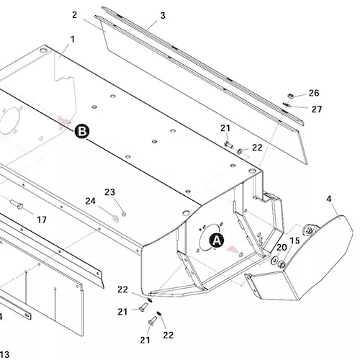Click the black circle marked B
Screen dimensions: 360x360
[x=82, y=131]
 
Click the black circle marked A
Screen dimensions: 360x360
[x=217, y=240]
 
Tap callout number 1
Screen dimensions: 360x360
[x=73, y=40]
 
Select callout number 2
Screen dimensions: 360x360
[x=75, y=15]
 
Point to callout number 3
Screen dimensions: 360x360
[x=163, y=16]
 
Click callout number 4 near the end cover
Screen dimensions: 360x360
[x=329, y=199]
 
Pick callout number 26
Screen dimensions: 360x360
[x=314, y=93]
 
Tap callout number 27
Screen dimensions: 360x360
[x=317, y=109]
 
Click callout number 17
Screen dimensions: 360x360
[x=42, y=220]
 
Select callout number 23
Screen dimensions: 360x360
[x=109, y=192]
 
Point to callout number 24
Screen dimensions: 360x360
[x=91, y=201]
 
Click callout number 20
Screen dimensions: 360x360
[x=282, y=248]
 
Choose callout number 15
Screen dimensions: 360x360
[x=295, y=240]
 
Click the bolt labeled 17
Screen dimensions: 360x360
[x=17, y=204]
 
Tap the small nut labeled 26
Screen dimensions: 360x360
[x=291, y=96]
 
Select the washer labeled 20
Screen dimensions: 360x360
[x=274, y=260]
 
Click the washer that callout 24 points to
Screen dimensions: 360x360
[x=116, y=219]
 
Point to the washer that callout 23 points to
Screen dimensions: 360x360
[x=124, y=214]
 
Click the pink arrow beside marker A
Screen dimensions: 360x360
[x=233, y=249]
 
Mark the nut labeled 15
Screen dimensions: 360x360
[x=282, y=264]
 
